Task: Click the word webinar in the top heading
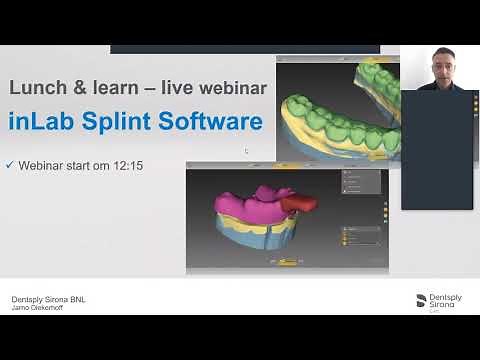[x=231, y=88]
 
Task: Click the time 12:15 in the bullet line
[x=126, y=165]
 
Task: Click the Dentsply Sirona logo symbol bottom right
[x=420, y=300]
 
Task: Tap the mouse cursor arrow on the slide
[x=246, y=151]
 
